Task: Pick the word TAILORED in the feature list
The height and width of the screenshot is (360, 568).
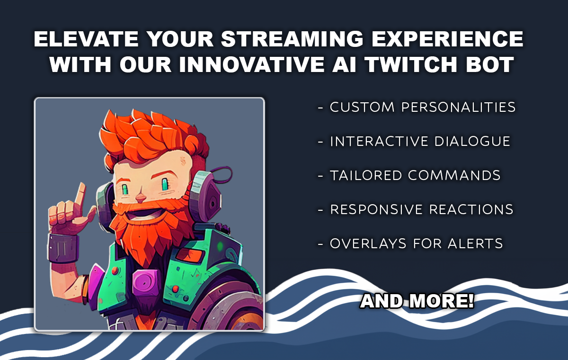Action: click(x=366, y=175)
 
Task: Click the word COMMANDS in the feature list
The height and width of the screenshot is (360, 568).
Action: click(x=454, y=175)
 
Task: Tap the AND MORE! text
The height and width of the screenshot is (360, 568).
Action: click(x=417, y=301)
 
